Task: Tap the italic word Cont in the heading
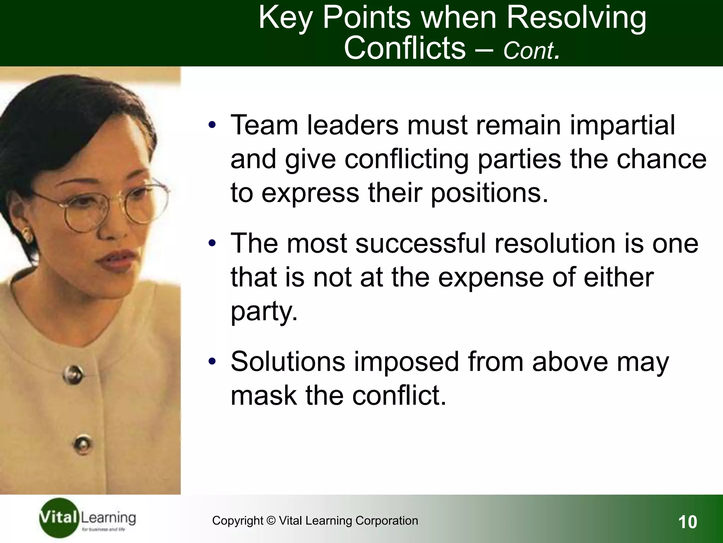click(x=529, y=51)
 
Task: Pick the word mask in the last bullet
click(x=263, y=396)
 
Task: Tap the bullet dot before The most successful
click(x=212, y=244)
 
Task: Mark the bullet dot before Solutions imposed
click(x=212, y=362)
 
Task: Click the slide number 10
click(x=687, y=522)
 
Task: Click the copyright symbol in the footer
click(x=271, y=521)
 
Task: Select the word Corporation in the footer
click(x=387, y=521)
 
